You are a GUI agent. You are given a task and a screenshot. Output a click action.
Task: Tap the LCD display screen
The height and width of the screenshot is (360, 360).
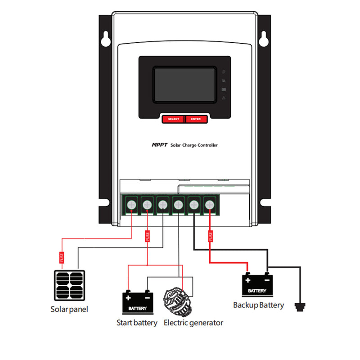click(x=184, y=85)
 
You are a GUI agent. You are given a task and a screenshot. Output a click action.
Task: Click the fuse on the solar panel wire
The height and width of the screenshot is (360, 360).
click(x=62, y=258)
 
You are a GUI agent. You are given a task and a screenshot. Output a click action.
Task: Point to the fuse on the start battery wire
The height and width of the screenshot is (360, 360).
click(x=147, y=236)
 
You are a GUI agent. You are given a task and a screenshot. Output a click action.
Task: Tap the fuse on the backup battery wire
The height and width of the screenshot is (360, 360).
click(x=210, y=236)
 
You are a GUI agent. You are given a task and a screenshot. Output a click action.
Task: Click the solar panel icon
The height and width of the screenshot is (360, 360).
click(x=69, y=286)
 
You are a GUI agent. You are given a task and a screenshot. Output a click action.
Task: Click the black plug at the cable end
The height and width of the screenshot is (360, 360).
click(x=299, y=307)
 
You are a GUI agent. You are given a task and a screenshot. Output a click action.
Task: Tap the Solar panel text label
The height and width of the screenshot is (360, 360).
click(x=69, y=310)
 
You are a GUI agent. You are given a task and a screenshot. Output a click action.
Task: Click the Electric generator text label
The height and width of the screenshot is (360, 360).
click(x=193, y=323)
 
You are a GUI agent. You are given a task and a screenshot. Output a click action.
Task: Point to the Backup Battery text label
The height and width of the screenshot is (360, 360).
click(x=258, y=305)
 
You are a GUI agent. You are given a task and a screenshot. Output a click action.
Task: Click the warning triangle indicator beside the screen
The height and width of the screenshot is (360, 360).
click(x=224, y=98)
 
